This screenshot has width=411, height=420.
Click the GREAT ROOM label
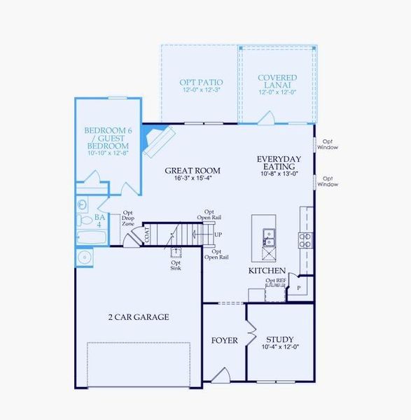(193, 170)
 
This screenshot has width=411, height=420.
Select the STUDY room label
(280, 339)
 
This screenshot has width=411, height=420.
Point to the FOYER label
(225, 341)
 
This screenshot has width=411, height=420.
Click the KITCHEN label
(267, 270)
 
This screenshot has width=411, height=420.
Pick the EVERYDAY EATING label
(279, 163)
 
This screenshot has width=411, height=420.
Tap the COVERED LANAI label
(277, 82)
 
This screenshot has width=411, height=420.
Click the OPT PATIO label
(201, 82)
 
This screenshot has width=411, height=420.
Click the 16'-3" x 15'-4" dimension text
(193, 178)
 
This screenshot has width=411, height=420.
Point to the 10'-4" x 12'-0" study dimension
(280, 347)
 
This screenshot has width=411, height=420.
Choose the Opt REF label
(276, 281)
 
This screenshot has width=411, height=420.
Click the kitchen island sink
(268, 238)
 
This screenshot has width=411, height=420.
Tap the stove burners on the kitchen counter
(305, 240)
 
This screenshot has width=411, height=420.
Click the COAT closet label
(147, 236)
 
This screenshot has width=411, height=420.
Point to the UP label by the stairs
(218, 234)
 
